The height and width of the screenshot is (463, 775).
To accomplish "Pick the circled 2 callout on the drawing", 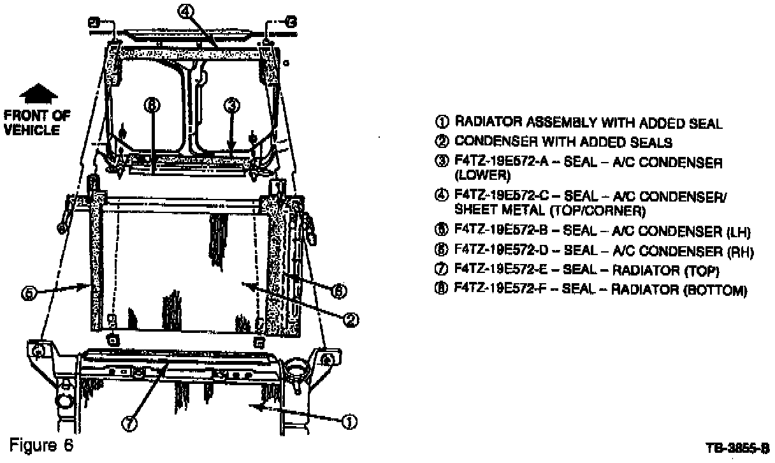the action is coord(349,320).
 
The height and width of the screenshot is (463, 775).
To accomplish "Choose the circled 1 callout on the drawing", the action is coord(350,421).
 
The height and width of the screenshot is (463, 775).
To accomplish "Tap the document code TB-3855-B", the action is coord(738,448).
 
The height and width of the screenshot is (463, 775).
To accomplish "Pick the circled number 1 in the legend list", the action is coord(444,122).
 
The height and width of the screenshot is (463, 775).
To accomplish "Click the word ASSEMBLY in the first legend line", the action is coord(539,122).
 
